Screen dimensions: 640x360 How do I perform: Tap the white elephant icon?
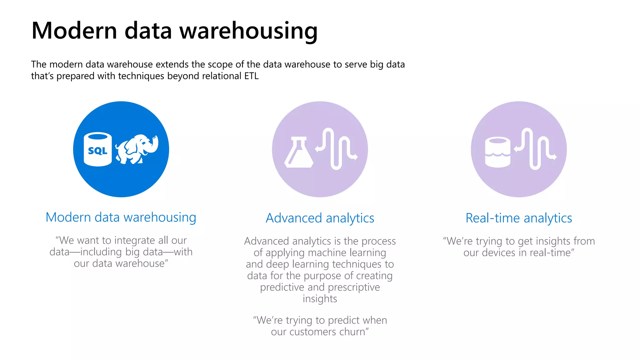click(x=137, y=149)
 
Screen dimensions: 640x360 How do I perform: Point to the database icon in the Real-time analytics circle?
click(x=497, y=152)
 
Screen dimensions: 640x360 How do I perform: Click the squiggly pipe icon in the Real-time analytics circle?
click(x=535, y=149)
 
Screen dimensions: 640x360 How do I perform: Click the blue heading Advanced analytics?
click(x=320, y=218)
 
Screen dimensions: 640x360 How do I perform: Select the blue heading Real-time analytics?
click(x=519, y=218)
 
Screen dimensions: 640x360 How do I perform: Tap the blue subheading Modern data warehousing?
click(x=121, y=217)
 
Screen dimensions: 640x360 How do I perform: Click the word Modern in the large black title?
click(x=74, y=31)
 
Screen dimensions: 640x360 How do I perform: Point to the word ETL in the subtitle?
click(x=251, y=76)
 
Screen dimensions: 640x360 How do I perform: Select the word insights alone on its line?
click(x=320, y=299)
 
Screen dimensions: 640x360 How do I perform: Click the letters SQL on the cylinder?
click(x=97, y=151)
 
